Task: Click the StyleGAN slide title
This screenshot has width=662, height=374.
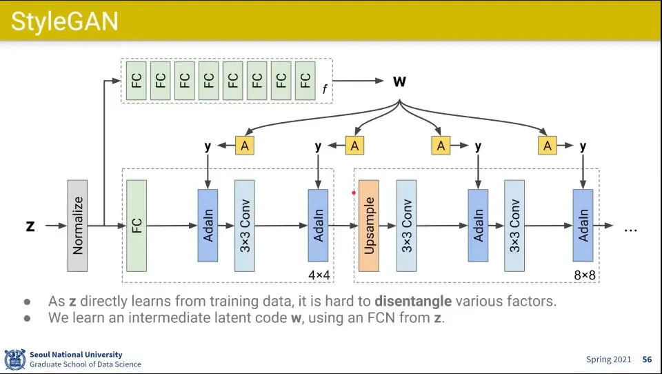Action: (65, 21)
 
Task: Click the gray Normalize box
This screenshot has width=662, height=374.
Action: (77, 226)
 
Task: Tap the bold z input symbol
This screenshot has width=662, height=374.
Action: (30, 226)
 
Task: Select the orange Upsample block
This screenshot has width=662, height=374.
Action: (369, 226)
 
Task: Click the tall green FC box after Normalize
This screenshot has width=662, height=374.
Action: (137, 226)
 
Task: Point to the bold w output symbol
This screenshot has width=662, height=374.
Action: (399, 82)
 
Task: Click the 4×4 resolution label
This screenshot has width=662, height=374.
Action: (319, 275)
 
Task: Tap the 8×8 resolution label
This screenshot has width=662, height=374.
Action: (584, 275)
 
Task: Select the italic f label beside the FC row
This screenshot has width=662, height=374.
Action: (324, 89)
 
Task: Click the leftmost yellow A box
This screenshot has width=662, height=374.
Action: (244, 146)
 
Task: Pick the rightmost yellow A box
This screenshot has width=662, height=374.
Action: (548, 146)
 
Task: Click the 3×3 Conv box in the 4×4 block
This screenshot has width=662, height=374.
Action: (245, 226)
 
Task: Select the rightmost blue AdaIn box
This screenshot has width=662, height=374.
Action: (583, 226)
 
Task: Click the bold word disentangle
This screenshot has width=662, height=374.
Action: (413, 302)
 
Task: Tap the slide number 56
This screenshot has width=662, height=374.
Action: (647, 360)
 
